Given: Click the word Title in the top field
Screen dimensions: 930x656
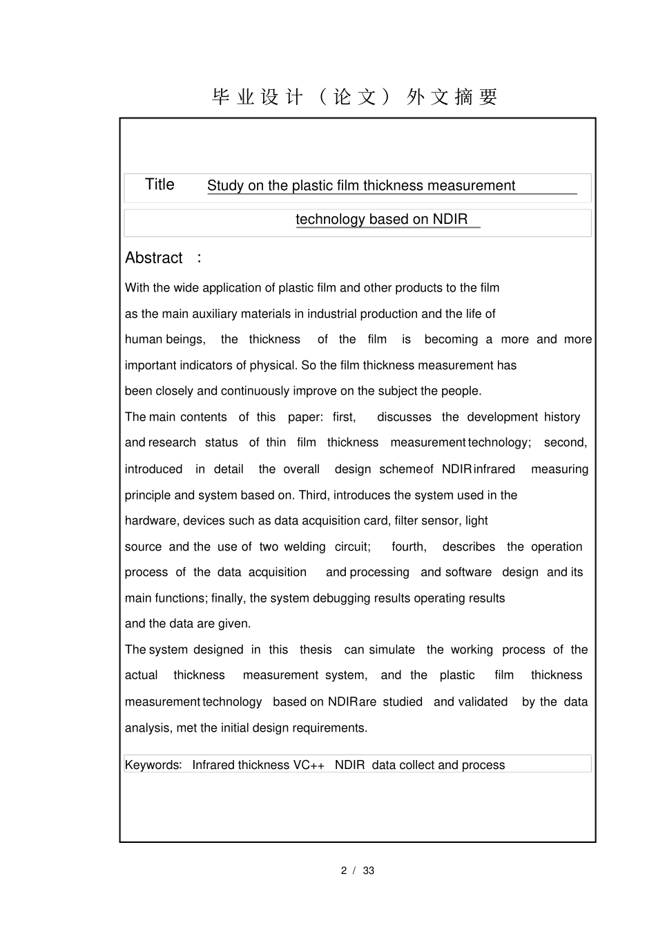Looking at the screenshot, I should [x=160, y=184].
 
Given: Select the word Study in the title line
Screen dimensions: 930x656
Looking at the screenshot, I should [x=225, y=186].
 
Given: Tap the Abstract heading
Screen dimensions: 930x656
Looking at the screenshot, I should [x=153, y=258].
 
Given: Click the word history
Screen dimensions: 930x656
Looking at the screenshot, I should [x=562, y=417].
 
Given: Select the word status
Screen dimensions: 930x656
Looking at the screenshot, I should [x=221, y=443].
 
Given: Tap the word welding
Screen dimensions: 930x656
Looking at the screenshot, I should [x=305, y=547].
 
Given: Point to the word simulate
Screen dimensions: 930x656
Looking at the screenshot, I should [x=392, y=650].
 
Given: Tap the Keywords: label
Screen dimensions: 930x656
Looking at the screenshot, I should [x=153, y=766].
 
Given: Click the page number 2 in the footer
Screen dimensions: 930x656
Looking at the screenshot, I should [x=343, y=871].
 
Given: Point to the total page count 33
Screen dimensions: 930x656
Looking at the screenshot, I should [x=369, y=871].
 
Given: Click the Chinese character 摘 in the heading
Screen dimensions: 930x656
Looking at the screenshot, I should [x=463, y=97].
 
